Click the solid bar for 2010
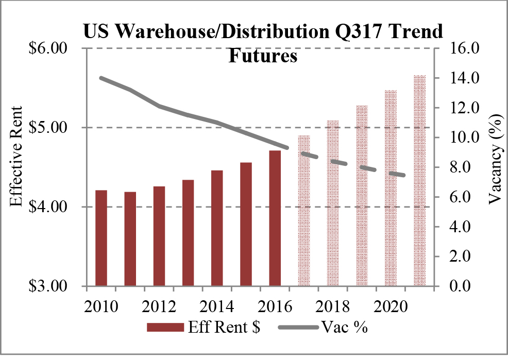(100, 238)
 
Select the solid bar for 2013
(188, 233)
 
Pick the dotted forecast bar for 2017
(304, 211)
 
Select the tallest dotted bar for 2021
(420, 181)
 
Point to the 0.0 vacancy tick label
(465, 286)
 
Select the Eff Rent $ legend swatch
(164, 328)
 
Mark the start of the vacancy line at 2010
(101, 78)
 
